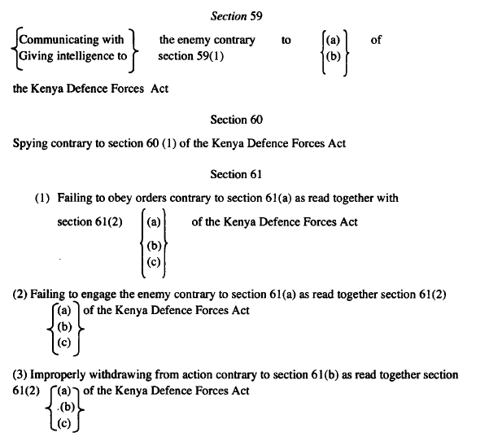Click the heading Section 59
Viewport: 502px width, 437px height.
click(x=234, y=15)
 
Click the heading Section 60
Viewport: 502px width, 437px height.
click(x=237, y=120)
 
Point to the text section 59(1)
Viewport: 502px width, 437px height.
click(x=190, y=55)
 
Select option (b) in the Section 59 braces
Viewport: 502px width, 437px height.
click(x=333, y=56)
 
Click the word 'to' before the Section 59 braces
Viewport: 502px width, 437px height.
click(x=286, y=40)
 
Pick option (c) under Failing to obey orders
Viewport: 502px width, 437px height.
click(x=154, y=261)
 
